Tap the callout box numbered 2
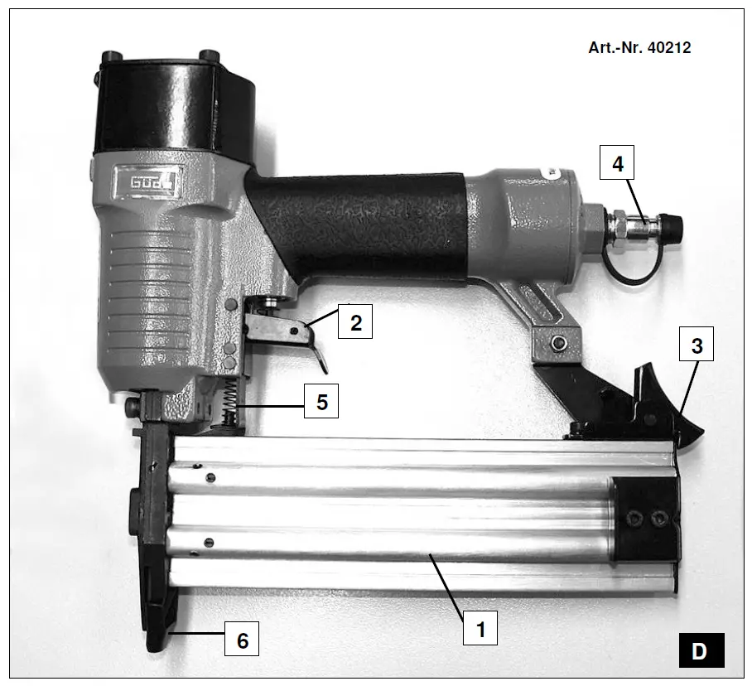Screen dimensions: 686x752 point(355,321)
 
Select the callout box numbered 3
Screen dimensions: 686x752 point(697,345)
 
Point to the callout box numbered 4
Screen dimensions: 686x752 point(617,162)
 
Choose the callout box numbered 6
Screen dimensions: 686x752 point(242,640)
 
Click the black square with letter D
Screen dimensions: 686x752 point(700,650)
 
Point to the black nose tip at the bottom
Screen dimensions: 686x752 point(157,638)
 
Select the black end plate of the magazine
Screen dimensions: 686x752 point(646,519)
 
